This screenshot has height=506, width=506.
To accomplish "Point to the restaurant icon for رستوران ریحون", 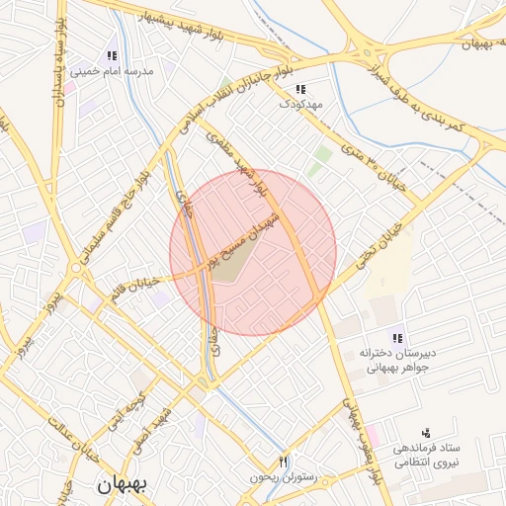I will point(284,462).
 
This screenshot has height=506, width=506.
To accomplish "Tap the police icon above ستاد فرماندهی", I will point(426,433).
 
